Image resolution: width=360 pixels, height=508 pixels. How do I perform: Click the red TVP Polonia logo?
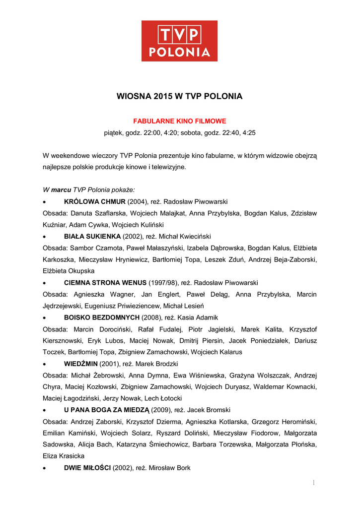click(179, 41)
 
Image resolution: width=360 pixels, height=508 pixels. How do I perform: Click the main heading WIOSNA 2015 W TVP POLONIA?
click(179, 96)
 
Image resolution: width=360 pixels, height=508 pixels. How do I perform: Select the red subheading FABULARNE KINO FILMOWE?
click(179, 121)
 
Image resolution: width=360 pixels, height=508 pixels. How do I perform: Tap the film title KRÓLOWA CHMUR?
click(95, 201)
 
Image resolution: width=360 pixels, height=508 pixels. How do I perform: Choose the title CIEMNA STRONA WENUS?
click(106, 283)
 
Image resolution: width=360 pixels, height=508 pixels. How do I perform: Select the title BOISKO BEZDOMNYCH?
click(102, 317)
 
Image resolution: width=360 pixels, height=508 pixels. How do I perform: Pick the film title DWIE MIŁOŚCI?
click(87, 467)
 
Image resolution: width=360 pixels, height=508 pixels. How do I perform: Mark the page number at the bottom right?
click(314, 483)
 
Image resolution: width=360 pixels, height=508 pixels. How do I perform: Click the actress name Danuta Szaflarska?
click(99, 213)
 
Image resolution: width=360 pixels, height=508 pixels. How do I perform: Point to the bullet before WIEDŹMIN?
click(45, 364)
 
